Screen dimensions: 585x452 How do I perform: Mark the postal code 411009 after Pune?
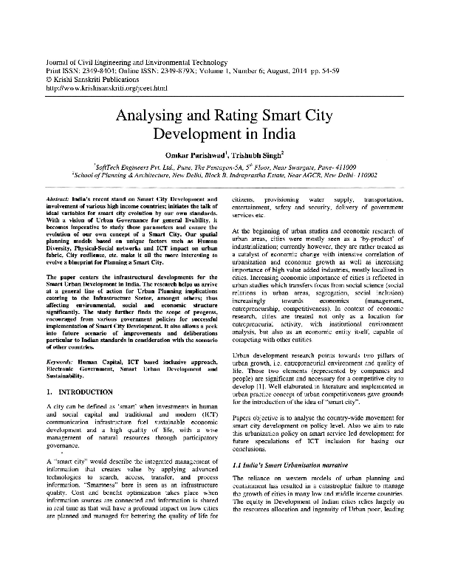pyautogui.click(x=340, y=167)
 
